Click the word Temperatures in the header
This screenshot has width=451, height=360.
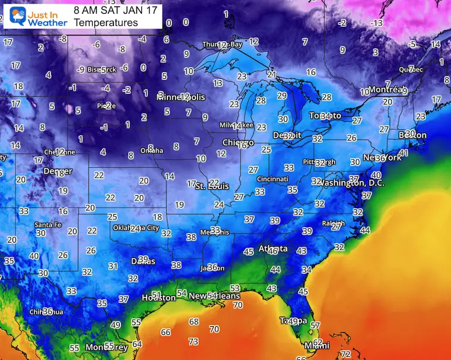pos(106,23)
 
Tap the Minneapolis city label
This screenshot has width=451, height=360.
pos(181,97)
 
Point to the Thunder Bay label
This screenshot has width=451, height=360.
pos(223,44)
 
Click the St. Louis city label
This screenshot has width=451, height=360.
pos(214,186)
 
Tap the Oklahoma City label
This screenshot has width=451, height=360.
pos(136,228)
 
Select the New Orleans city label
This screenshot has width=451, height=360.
pos(214,295)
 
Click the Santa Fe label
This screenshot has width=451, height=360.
pos(47,225)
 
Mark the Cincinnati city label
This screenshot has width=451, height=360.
pos(272,179)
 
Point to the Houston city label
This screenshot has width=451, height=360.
pos(158,298)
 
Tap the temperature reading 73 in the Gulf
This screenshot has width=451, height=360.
pos(193,342)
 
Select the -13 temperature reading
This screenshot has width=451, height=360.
pos(376,23)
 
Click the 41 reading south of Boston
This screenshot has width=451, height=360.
pos(404,153)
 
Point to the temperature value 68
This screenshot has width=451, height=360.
pos(193,321)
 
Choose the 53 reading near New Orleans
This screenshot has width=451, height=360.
pos(235,288)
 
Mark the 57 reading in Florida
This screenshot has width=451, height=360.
pos(315,325)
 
